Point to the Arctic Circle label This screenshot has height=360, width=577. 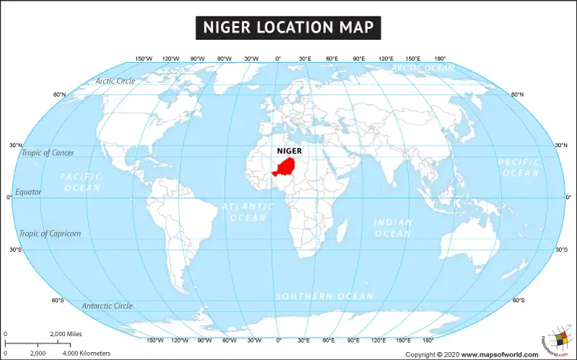[x=115, y=81]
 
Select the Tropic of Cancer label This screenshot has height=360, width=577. [x=47, y=152]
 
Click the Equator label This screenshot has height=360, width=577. [x=29, y=192]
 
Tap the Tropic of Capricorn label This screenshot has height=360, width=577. [x=50, y=234]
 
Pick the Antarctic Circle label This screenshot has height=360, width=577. [x=107, y=306]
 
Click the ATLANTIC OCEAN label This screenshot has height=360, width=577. [x=248, y=211]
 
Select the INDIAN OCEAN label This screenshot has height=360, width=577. [x=393, y=228]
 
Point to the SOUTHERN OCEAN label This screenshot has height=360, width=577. [x=325, y=297]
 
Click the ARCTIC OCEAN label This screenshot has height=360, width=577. [x=423, y=69]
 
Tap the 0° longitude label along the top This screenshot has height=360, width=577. [x=278, y=58]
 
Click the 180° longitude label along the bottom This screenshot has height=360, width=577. [x=427, y=340]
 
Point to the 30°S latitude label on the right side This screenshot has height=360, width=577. [x=561, y=250]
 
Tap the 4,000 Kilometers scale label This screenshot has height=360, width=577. [x=87, y=353]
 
